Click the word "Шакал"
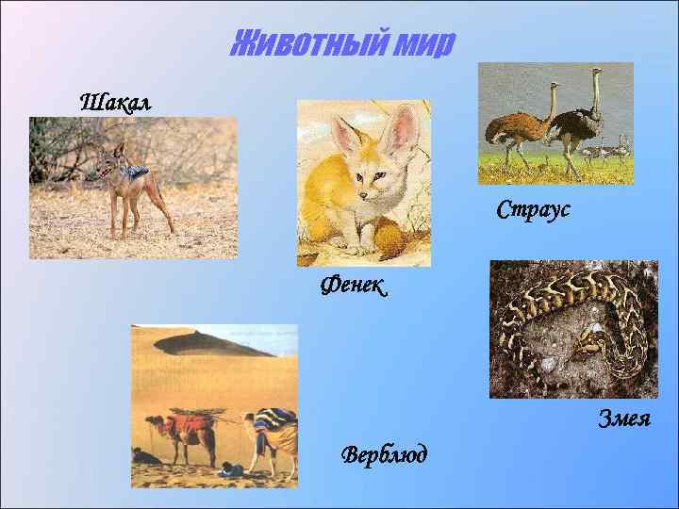coord(115,100)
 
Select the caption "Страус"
coord(533,209)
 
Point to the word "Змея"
coord(624,419)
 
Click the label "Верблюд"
coord(384,455)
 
